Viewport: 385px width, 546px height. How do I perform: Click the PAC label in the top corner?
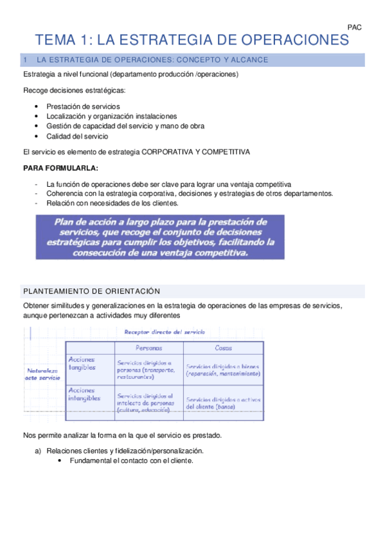tap(354, 27)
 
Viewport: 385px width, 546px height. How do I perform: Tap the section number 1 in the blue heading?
tap(25, 60)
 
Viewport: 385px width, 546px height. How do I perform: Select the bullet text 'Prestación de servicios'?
tap(83, 106)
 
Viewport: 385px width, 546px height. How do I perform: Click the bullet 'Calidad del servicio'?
tap(77, 136)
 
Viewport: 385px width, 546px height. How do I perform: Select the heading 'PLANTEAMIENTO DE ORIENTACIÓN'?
tap(91, 291)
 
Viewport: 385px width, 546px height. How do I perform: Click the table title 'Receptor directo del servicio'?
tap(161, 332)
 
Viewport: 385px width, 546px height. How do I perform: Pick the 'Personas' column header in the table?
tap(149, 348)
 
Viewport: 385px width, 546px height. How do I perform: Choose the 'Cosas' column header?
tap(223, 348)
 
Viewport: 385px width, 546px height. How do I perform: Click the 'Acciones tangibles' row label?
tap(82, 364)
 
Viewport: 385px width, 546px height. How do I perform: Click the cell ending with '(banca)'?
tap(223, 403)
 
